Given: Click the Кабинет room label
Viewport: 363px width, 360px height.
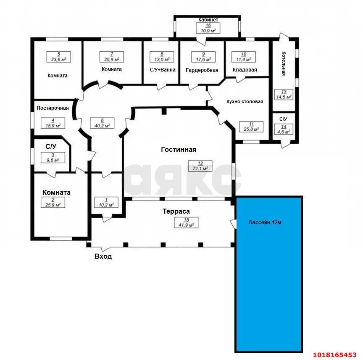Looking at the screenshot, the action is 208,20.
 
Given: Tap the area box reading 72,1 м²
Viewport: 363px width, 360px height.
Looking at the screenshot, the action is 200,166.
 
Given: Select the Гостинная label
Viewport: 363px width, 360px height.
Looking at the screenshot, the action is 179,150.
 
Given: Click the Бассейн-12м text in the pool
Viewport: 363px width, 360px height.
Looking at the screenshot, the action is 265,222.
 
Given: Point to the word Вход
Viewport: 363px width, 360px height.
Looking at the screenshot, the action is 103,256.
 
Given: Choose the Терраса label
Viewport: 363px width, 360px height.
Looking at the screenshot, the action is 176,211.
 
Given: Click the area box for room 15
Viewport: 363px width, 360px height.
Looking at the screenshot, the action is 186,222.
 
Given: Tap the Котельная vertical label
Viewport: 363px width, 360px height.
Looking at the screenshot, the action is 284,64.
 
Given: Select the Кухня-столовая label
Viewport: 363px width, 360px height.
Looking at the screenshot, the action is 245,101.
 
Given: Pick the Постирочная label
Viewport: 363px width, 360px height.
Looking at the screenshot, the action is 53,108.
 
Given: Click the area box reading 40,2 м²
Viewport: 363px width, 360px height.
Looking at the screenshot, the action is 102,123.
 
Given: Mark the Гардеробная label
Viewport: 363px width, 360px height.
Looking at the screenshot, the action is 202,70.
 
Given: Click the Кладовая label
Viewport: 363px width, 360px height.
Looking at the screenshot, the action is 245,69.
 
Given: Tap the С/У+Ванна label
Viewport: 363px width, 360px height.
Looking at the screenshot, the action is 163,69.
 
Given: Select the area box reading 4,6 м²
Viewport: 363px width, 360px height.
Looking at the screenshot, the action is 284,129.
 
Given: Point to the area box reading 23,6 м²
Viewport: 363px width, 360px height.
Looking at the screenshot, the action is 58,57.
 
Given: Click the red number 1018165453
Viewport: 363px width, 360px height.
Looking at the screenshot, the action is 335,355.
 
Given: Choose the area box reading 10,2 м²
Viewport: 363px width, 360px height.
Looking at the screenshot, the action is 106,202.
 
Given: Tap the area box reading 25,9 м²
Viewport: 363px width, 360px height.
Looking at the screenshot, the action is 53,202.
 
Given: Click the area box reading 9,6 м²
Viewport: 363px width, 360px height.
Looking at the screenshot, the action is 53,158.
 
